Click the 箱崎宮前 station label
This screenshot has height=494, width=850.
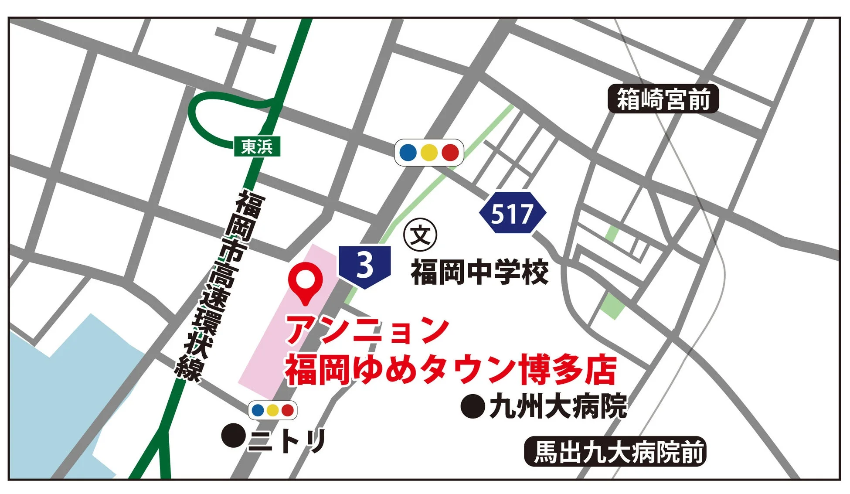click(x=663, y=99)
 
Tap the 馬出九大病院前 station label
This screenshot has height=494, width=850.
click(x=615, y=452)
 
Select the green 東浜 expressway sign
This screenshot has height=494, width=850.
click(x=257, y=146)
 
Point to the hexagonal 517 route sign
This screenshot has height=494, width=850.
click(x=512, y=213)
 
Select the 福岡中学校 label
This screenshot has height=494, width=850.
click(x=479, y=272)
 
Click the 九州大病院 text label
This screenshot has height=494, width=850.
click(x=558, y=406)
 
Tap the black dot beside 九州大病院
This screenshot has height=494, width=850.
click(x=473, y=406)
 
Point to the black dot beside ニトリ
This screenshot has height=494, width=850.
click(x=234, y=435)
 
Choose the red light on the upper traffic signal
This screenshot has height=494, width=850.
click(x=450, y=153)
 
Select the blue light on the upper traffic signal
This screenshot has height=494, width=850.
click(x=408, y=153)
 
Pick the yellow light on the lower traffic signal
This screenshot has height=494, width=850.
click(x=272, y=410)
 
